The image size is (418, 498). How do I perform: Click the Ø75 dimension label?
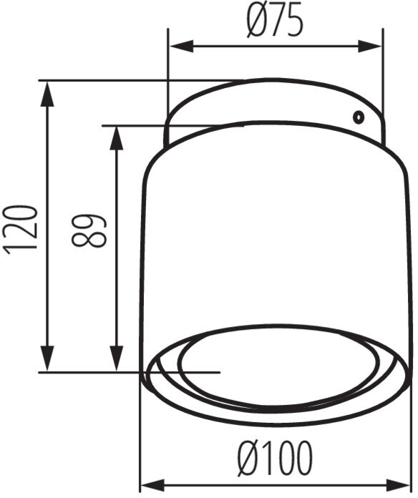(x=274, y=22)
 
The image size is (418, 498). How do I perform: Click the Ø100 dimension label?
(x=274, y=457)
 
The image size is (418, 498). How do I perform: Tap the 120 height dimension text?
(x=21, y=228)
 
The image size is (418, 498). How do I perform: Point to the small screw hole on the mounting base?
(x=359, y=117)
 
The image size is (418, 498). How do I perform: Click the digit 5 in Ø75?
(x=293, y=22)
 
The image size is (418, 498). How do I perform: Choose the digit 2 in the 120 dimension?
(x=21, y=228)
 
